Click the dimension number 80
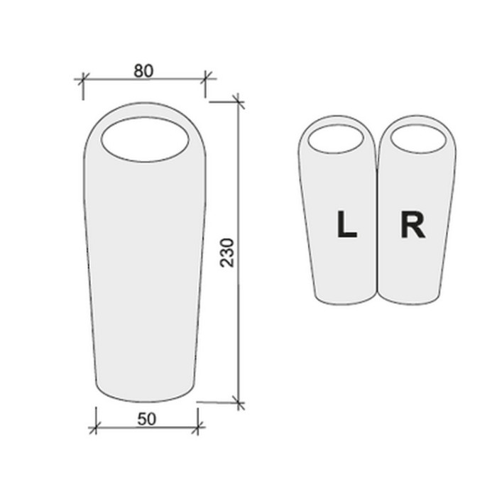143,71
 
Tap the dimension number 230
227,253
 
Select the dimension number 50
147,419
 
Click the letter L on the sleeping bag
346,224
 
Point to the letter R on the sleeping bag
413,224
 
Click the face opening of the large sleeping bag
145,139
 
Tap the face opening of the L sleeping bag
336,139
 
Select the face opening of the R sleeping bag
418,139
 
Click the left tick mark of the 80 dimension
83,78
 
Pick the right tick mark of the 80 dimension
205,78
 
